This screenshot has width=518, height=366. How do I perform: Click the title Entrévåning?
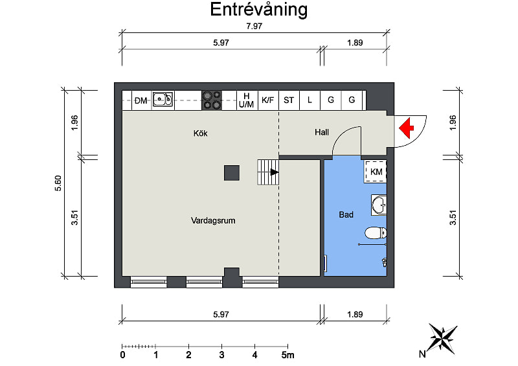[x=258, y=10]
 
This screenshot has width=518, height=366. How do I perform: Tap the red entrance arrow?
[x=407, y=128]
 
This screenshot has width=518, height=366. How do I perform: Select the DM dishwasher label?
[x=141, y=100]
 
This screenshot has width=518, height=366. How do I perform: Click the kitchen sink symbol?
[x=163, y=99]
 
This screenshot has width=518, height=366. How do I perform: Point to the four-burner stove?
[x=212, y=100]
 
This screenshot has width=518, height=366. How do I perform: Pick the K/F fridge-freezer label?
[x=268, y=100]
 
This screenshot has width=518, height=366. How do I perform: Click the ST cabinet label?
[x=289, y=100]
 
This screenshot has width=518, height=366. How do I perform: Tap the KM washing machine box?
[x=376, y=172]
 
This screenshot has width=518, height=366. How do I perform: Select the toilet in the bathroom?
[x=376, y=233]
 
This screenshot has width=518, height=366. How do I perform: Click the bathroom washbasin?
[x=379, y=205]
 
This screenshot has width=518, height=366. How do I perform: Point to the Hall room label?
[x=322, y=132]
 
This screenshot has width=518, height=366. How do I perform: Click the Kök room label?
[x=201, y=133]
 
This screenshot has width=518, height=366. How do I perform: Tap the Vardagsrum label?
[x=213, y=220]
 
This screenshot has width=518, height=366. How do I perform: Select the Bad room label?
[x=346, y=214]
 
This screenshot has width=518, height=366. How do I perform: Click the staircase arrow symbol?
[x=274, y=172]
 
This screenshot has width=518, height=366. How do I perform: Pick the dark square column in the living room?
[x=232, y=173]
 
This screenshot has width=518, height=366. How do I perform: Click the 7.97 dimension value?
[x=254, y=26]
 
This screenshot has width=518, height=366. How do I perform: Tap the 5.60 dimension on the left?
[x=58, y=183]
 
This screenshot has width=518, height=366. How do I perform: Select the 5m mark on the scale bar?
[x=287, y=355]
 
